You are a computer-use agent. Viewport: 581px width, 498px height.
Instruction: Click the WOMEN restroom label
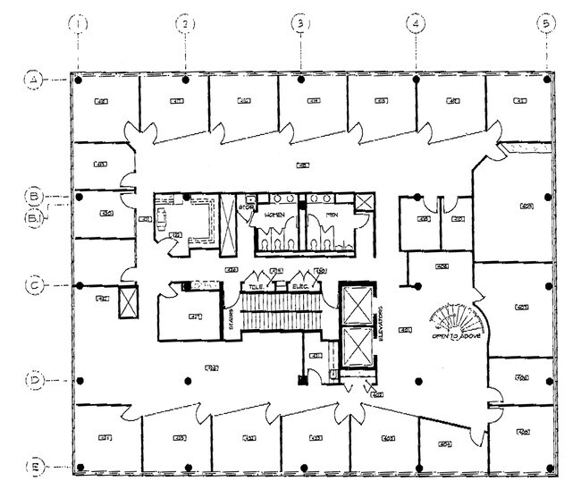click(274, 215)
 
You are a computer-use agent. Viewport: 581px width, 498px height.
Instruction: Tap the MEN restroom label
click(331, 215)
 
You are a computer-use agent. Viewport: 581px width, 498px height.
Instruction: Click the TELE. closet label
click(257, 286)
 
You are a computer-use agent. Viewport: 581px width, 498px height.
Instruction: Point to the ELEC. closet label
click(300, 286)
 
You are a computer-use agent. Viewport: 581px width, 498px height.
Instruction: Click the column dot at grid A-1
click(80, 80)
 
